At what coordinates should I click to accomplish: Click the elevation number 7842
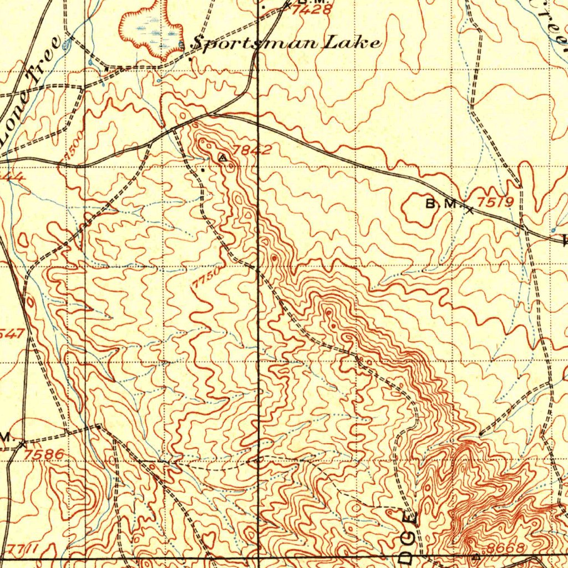252,150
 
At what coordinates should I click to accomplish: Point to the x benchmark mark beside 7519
470,210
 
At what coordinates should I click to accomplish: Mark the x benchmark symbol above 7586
22,444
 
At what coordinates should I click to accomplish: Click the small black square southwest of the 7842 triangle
203,170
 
